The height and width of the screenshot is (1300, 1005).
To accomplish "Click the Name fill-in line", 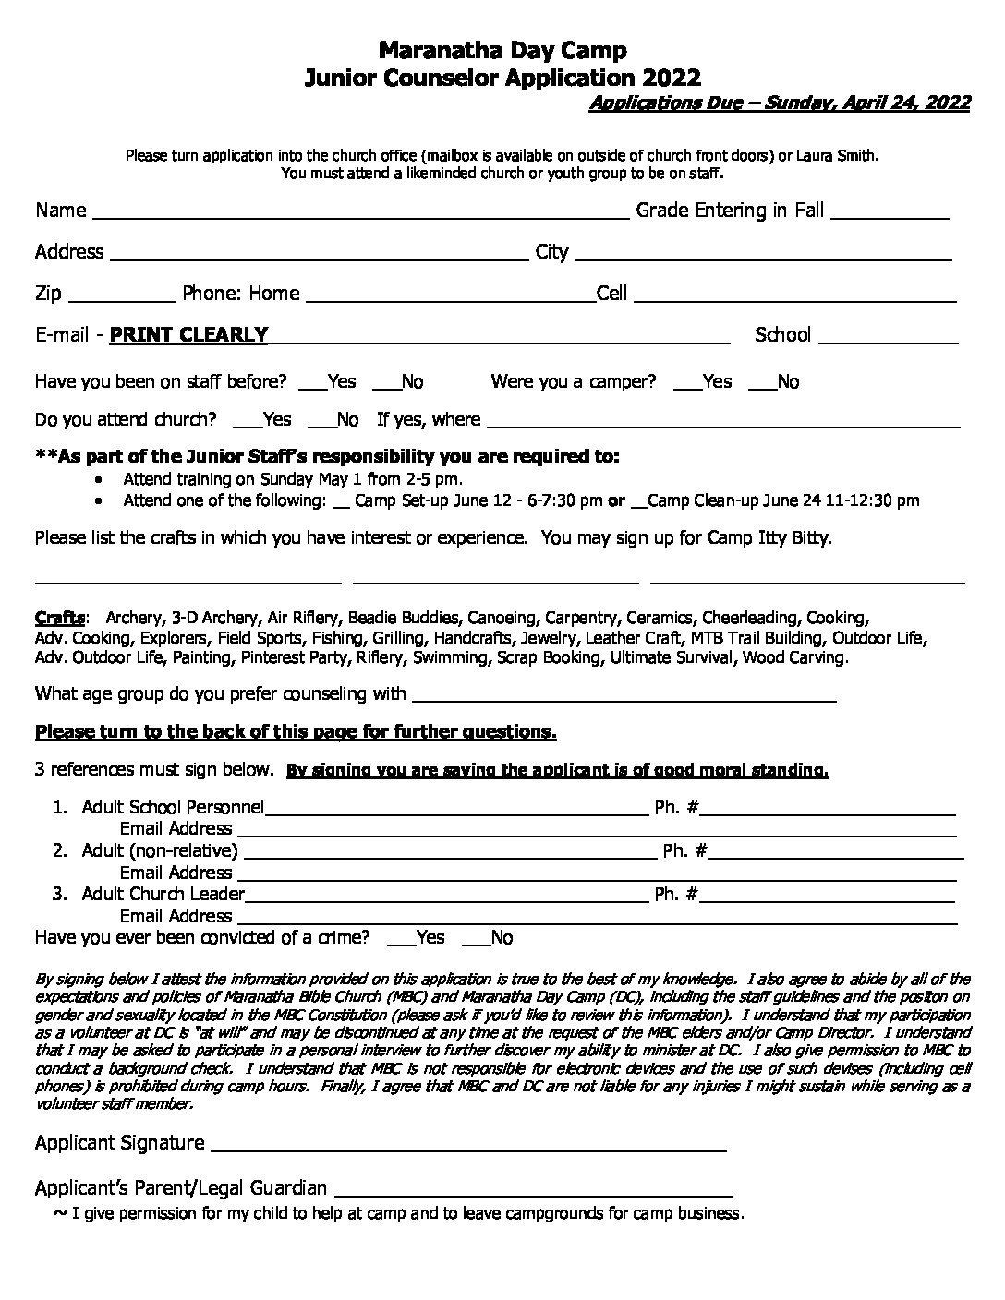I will tap(360, 217).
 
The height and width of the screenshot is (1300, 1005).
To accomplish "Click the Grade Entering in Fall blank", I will tap(890, 217).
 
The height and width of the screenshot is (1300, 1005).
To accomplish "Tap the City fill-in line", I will tap(763, 259).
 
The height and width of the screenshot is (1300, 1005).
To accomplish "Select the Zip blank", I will tap(121, 300).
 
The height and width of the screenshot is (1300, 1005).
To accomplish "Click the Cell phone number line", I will tap(794, 300).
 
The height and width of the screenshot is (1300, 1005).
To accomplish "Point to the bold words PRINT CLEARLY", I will tap(188, 335).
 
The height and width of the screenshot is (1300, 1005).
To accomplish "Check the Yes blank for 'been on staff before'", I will tap(313, 388).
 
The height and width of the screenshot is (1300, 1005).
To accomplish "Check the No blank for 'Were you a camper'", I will tap(762, 388).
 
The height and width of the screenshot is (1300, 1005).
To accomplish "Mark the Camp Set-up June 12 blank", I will tap(340, 506).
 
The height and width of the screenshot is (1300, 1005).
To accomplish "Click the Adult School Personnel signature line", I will tap(456, 814).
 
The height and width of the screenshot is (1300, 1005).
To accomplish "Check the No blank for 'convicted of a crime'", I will tap(475, 944).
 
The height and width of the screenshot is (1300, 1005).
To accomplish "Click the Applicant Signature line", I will tap(469, 1150).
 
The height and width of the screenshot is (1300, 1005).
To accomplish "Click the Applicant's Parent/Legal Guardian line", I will tap(533, 1194).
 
